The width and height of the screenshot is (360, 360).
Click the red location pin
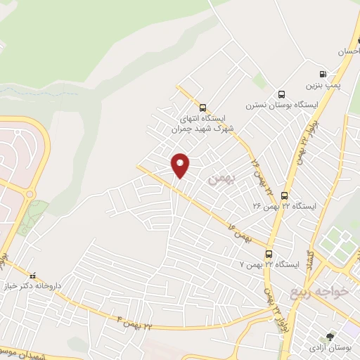181,165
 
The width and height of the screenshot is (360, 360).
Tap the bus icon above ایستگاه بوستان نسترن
282,94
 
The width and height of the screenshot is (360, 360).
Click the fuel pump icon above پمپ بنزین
323,73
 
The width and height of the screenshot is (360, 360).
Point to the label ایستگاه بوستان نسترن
282,105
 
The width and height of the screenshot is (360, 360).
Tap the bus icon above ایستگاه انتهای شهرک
203,108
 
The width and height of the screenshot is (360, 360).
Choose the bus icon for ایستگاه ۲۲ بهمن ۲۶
284,195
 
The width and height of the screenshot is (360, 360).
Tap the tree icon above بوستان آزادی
329,337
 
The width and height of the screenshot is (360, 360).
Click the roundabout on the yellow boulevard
30,194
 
